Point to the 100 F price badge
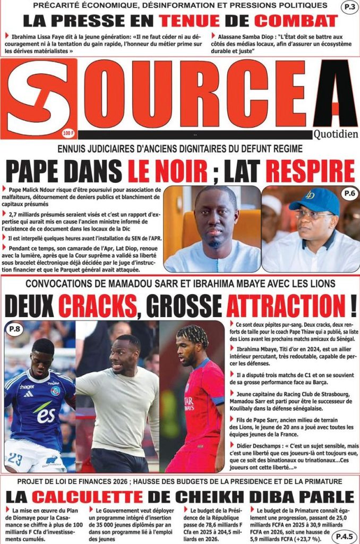click(x=68, y=133)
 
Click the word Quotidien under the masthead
click(x=335, y=134)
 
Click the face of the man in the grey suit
click(x=216, y=218)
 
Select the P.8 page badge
click(x=15, y=330)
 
